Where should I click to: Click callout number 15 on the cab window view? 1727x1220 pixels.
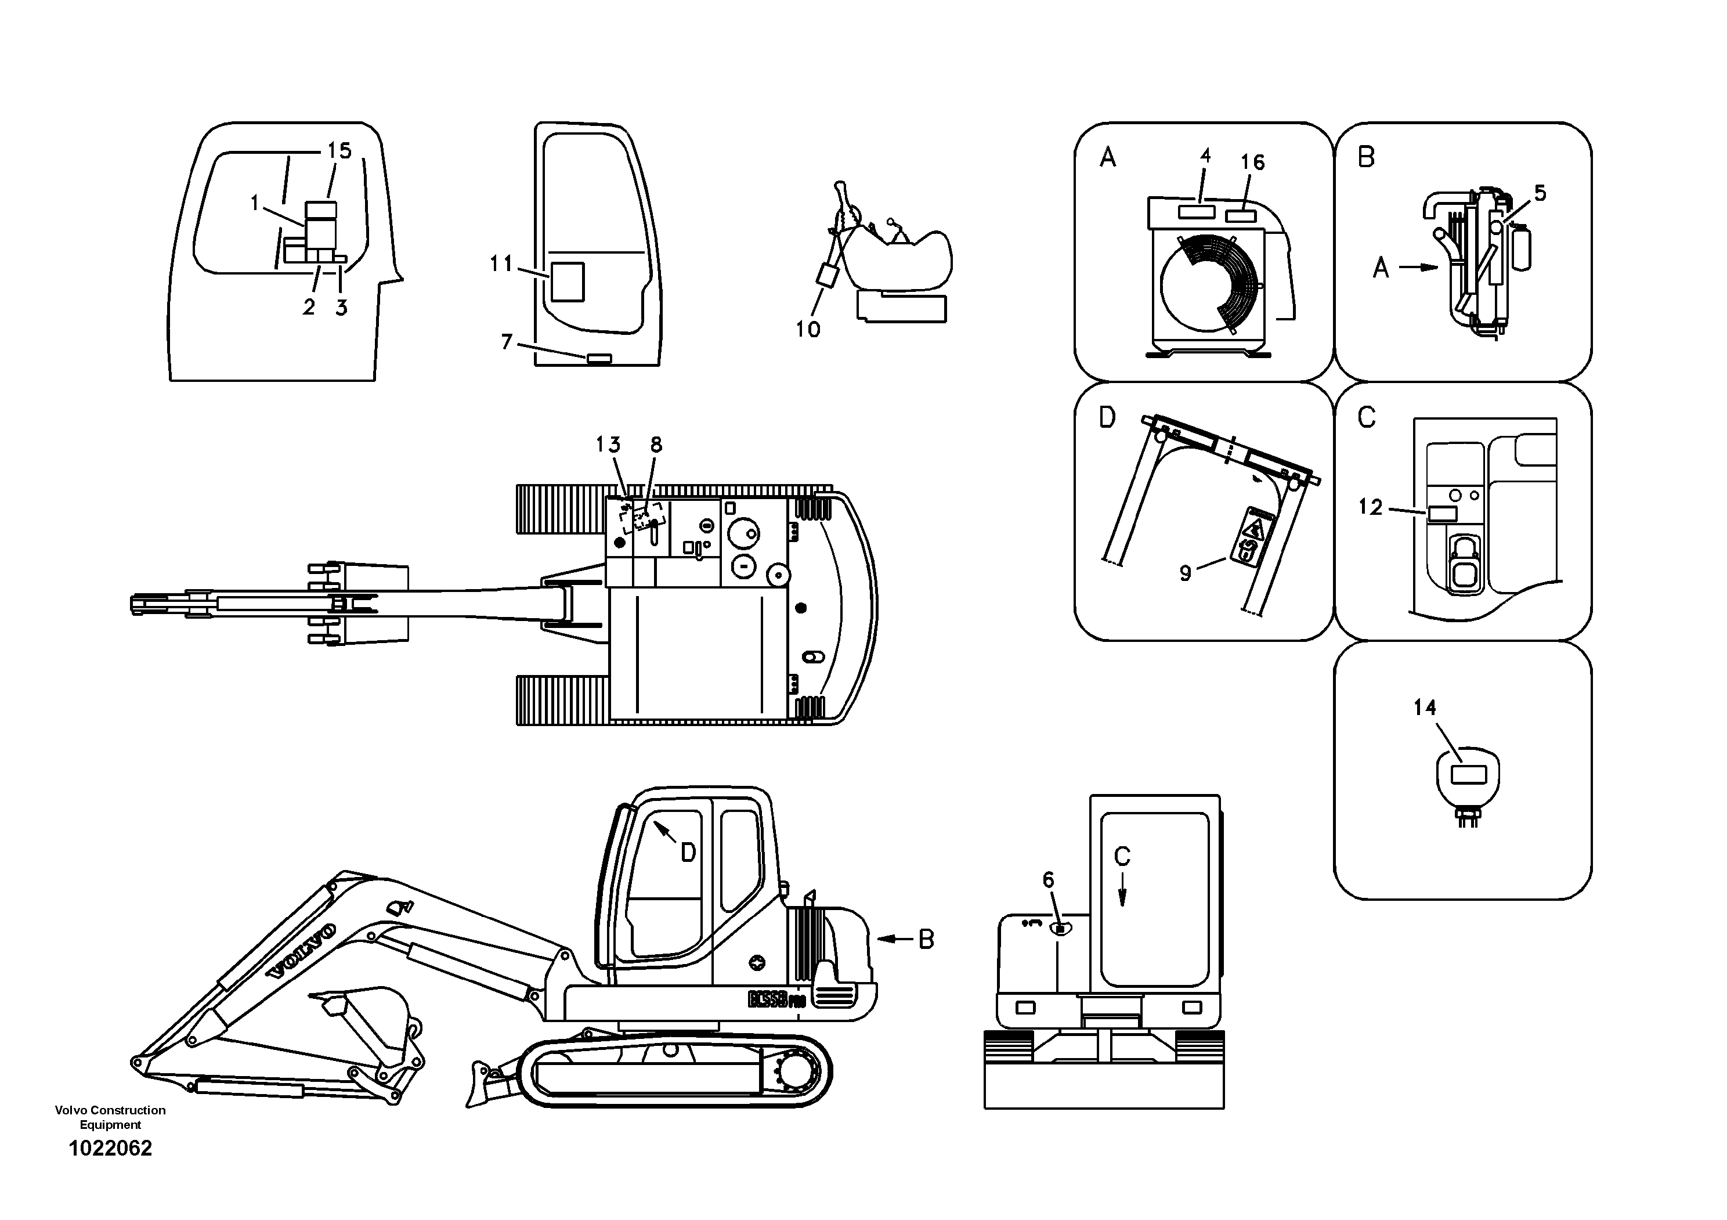[x=339, y=151]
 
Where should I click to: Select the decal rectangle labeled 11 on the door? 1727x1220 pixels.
[x=567, y=281]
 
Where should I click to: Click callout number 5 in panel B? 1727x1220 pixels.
[x=1540, y=193]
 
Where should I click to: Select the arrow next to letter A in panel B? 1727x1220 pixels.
[x=1419, y=267]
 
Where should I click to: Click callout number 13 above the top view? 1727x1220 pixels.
[x=608, y=445]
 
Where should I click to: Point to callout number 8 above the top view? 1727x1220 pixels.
[x=656, y=445]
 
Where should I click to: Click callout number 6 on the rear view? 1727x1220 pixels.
[x=1048, y=880]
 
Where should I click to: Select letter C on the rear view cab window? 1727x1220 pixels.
[x=1122, y=856]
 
